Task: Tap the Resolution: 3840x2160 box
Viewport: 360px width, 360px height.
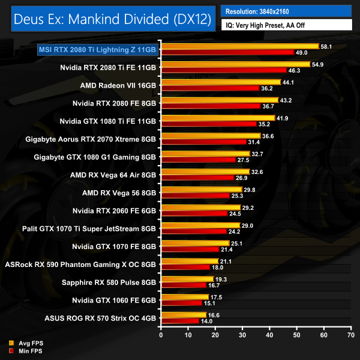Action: pos(286,11)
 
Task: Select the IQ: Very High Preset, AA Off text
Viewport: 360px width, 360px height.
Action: pos(286,26)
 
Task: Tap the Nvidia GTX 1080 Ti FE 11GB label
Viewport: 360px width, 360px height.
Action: pos(108,121)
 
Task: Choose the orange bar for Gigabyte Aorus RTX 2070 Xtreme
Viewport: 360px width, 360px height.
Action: pos(210,136)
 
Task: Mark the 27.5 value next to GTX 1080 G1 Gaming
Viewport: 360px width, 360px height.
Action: pos(243,161)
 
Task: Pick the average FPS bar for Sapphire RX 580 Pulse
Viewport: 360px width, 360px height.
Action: pos(187,280)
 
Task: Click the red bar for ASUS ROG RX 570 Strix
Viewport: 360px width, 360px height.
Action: pos(179,322)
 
